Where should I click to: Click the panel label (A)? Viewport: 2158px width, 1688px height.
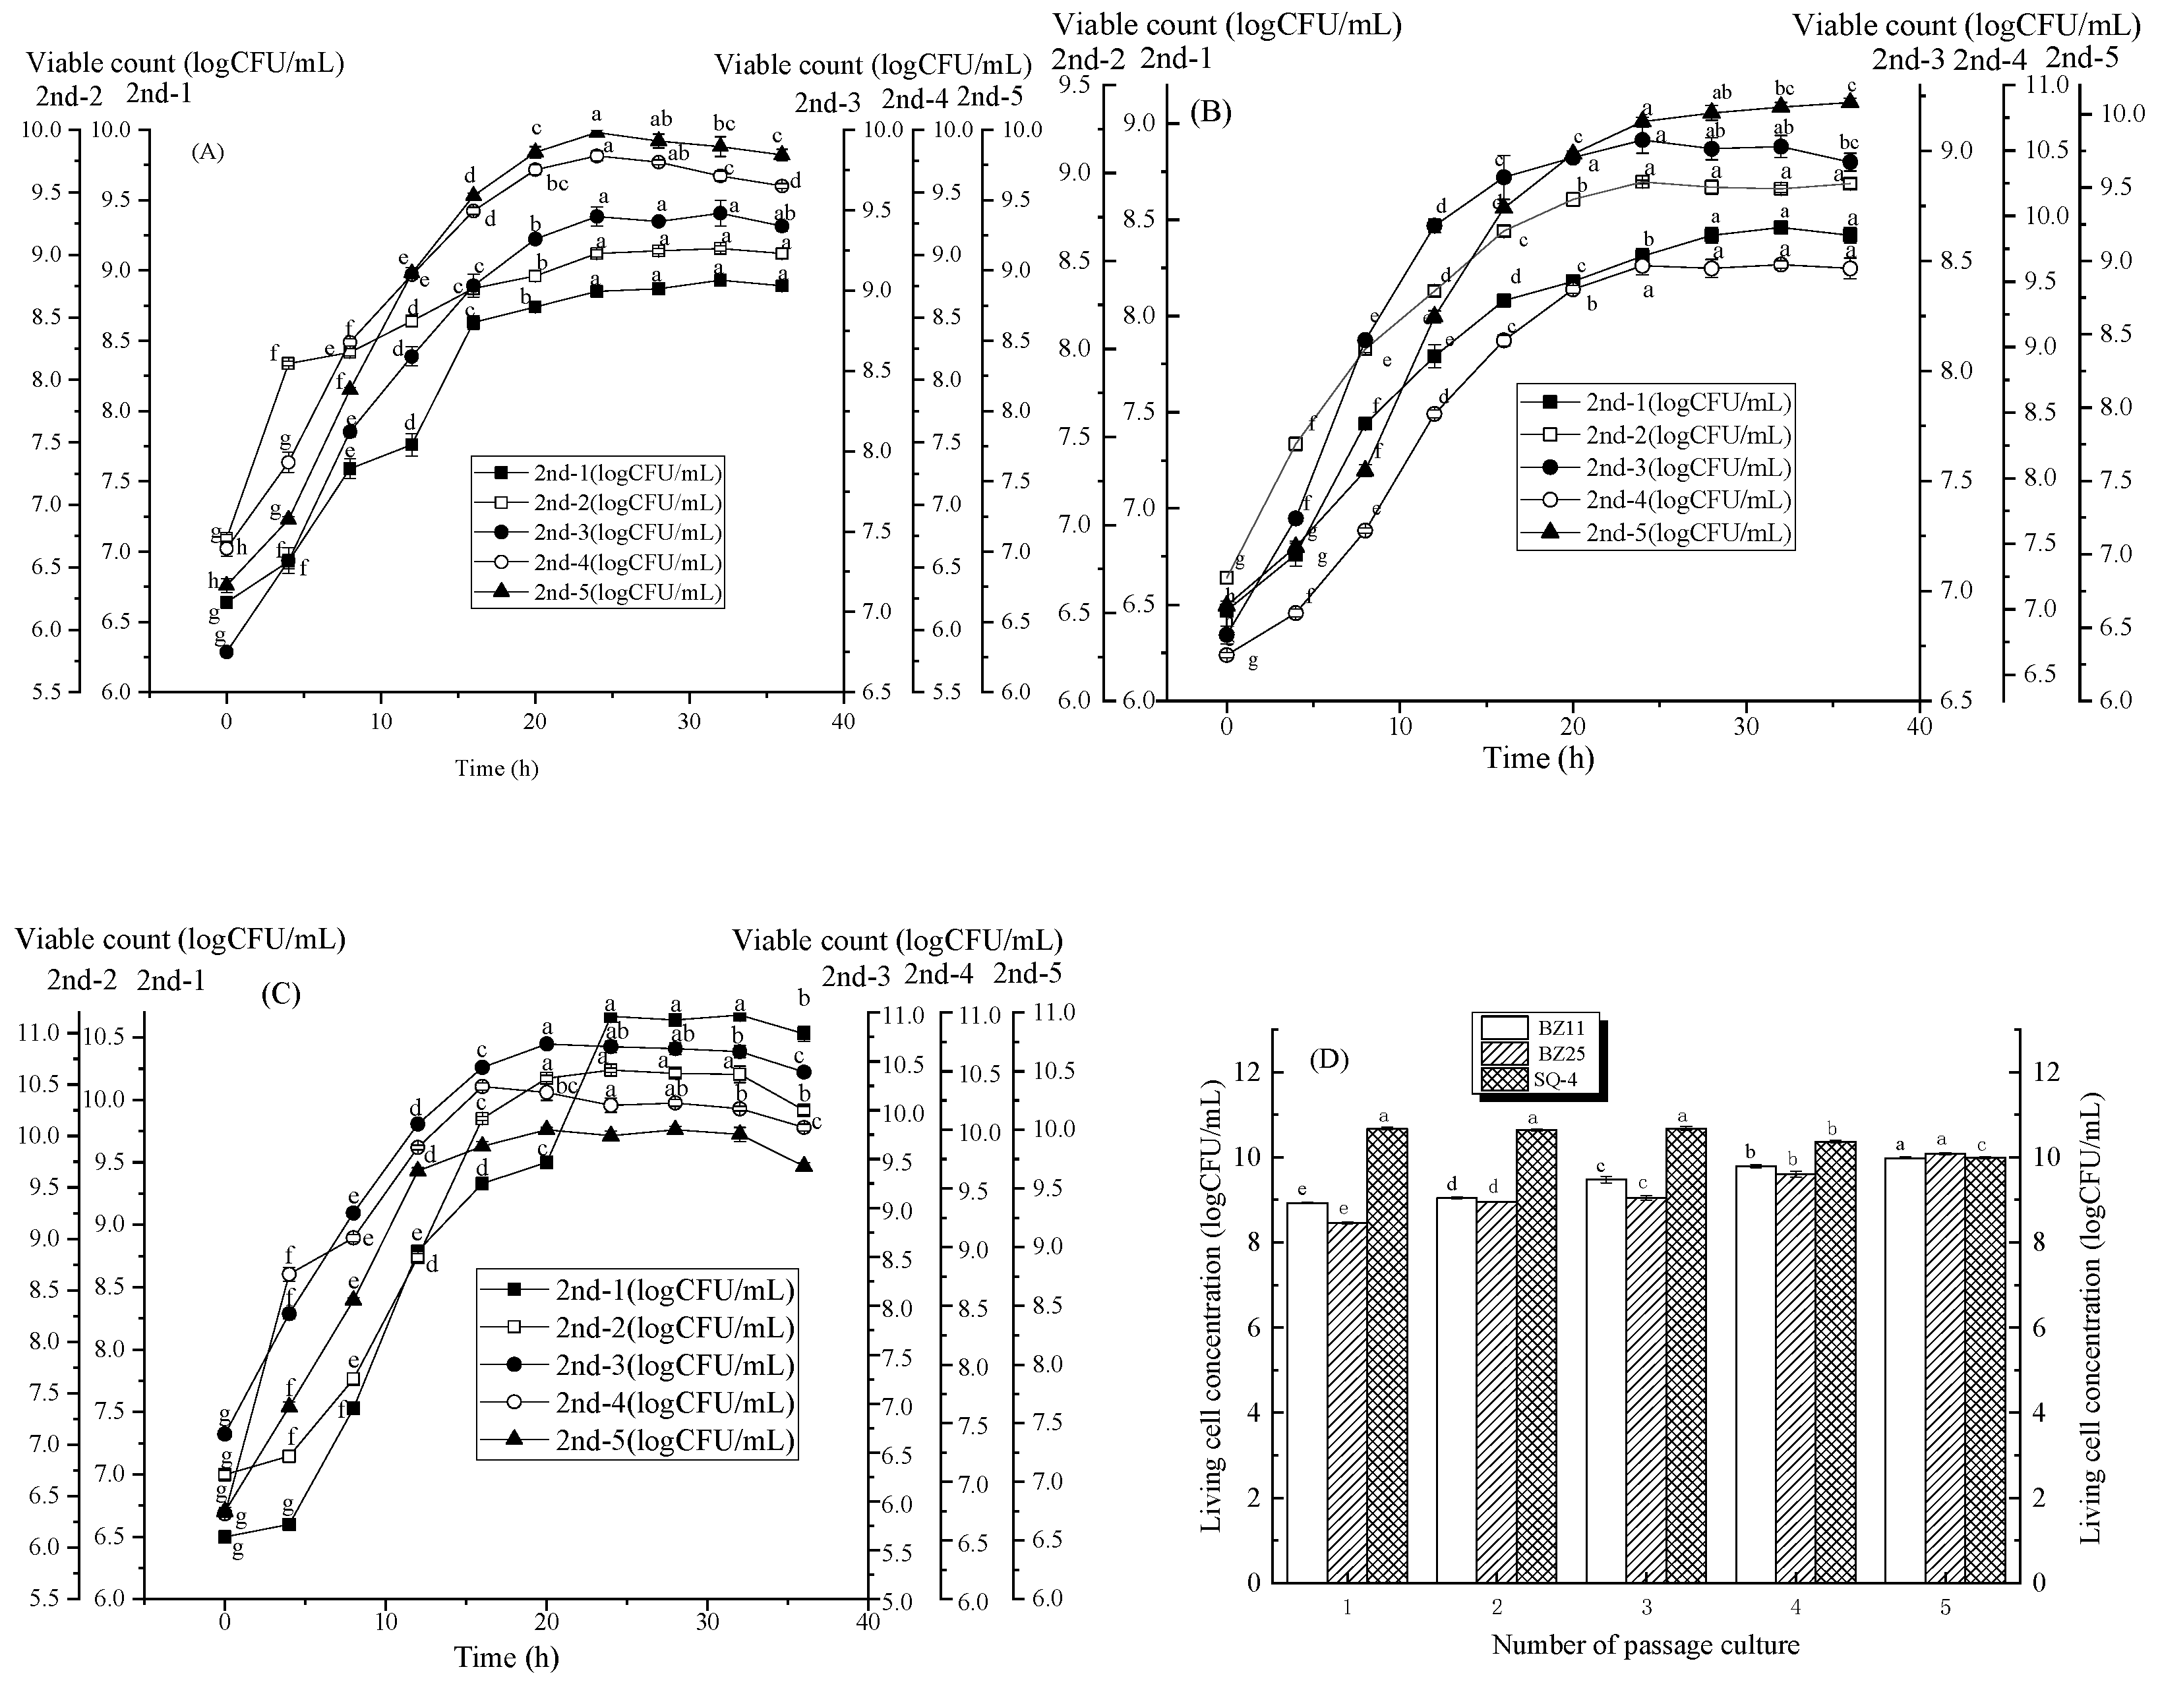[208, 152]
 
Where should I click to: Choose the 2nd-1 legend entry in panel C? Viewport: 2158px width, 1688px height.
[637, 1290]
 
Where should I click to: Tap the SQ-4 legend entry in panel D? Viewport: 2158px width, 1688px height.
[1537, 1080]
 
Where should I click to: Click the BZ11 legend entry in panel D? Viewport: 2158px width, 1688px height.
[1537, 1029]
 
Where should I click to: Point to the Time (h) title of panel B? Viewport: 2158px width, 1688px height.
[1538, 758]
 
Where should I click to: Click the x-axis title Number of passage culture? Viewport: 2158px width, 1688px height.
[1645, 1646]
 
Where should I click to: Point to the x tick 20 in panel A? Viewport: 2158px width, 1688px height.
[535, 722]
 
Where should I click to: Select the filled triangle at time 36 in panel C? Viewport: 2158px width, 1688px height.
[804, 1165]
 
